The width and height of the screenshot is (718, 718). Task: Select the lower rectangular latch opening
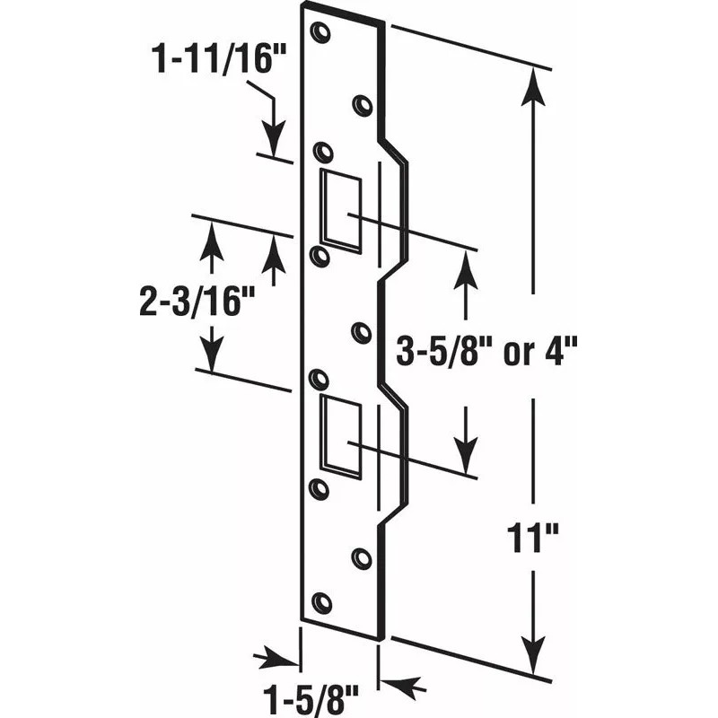(x=342, y=433)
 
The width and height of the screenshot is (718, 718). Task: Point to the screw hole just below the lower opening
(x=317, y=487)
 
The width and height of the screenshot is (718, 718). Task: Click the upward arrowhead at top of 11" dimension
(x=534, y=83)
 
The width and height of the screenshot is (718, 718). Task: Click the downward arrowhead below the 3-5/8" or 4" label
(x=466, y=458)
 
